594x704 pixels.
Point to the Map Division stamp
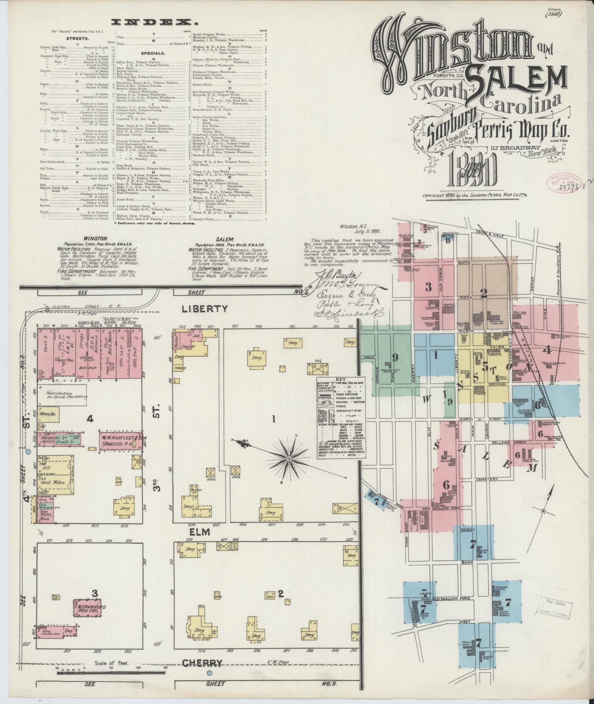554,608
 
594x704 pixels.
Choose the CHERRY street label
203,663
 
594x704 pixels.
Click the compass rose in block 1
289,459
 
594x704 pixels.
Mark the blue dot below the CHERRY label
210,673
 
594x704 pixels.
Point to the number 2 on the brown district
484,293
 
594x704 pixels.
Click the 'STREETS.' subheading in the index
77,38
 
